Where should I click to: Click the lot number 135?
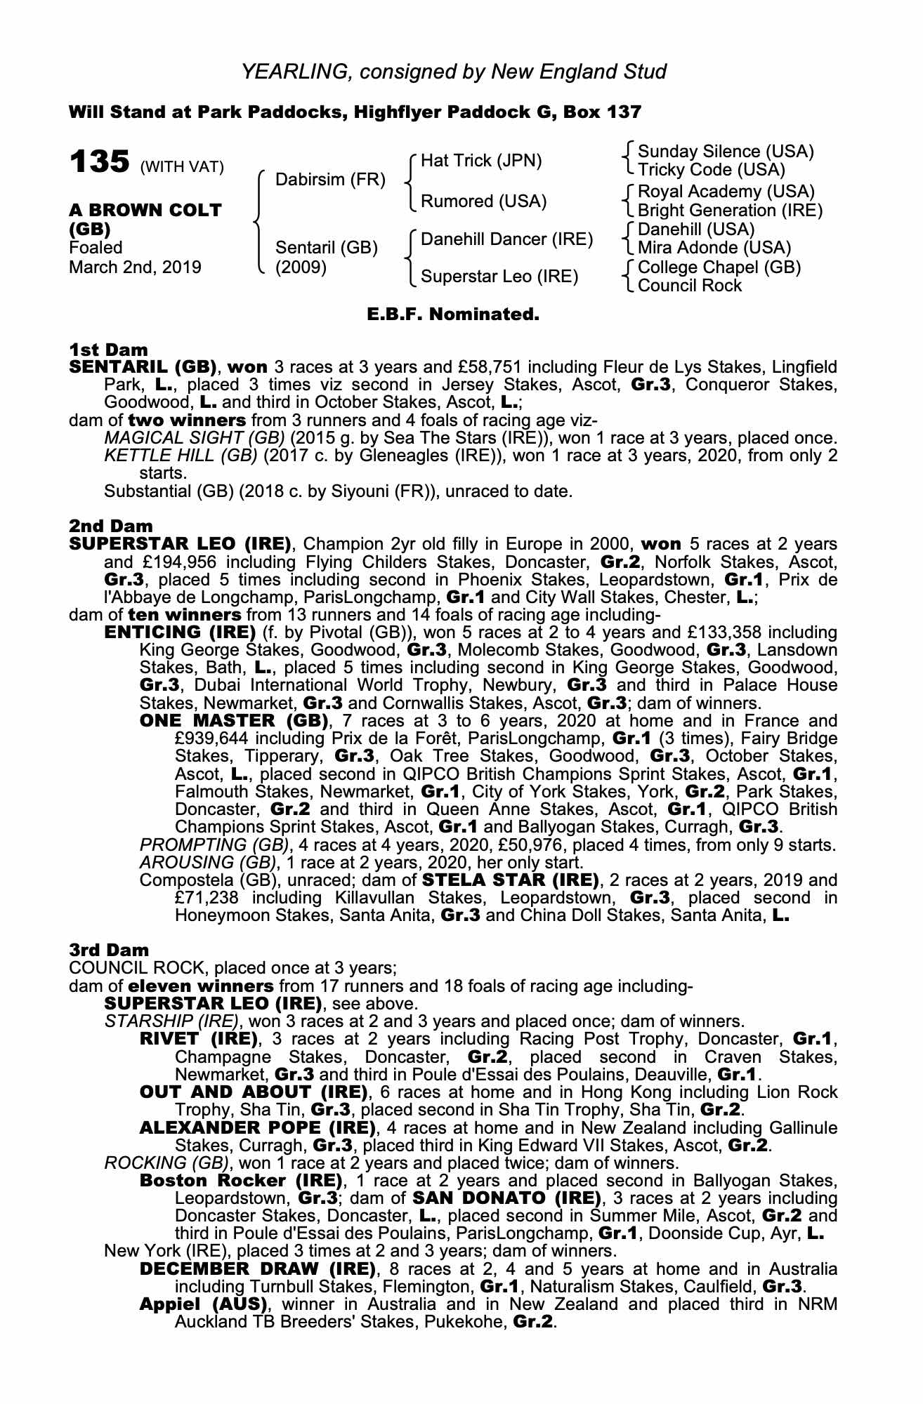[x=99, y=163]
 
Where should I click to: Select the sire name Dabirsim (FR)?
[x=330, y=180]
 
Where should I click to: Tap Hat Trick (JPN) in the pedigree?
[x=481, y=161]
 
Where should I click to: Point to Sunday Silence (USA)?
[x=725, y=152]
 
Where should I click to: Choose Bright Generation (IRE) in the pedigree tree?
[x=730, y=211]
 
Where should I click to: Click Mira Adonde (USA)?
[x=714, y=248]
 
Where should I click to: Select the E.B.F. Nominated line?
[x=453, y=314]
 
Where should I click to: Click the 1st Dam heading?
[x=108, y=350]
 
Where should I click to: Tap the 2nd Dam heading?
[x=110, y=526]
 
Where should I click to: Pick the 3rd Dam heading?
[x=109, y=950]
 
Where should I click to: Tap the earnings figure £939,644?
[x=214, y=739]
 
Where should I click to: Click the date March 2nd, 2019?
[x=135, y=267]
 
